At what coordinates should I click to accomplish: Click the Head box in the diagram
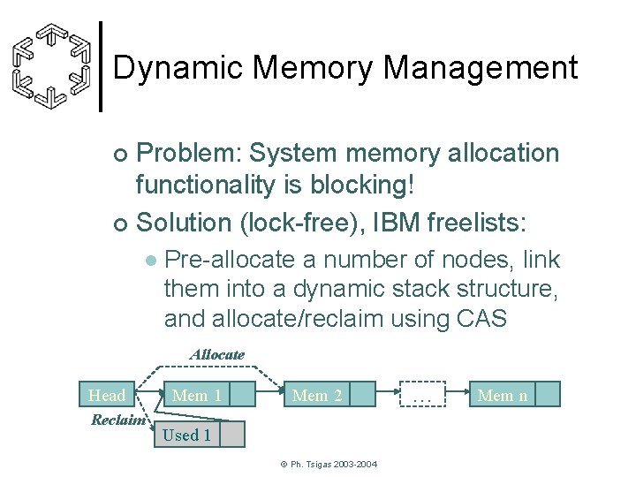107,395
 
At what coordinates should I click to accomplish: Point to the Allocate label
217,354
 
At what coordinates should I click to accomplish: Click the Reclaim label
118,420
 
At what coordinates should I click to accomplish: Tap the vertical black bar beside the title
102,66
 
